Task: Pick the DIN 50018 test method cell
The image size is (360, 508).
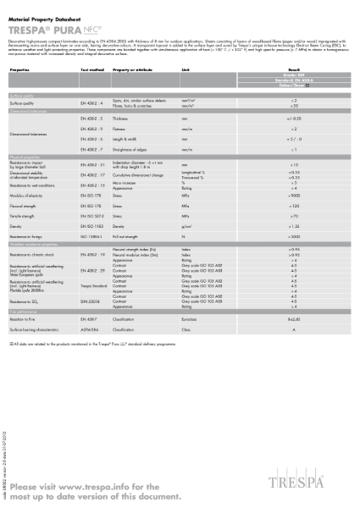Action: pos(90,301)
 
